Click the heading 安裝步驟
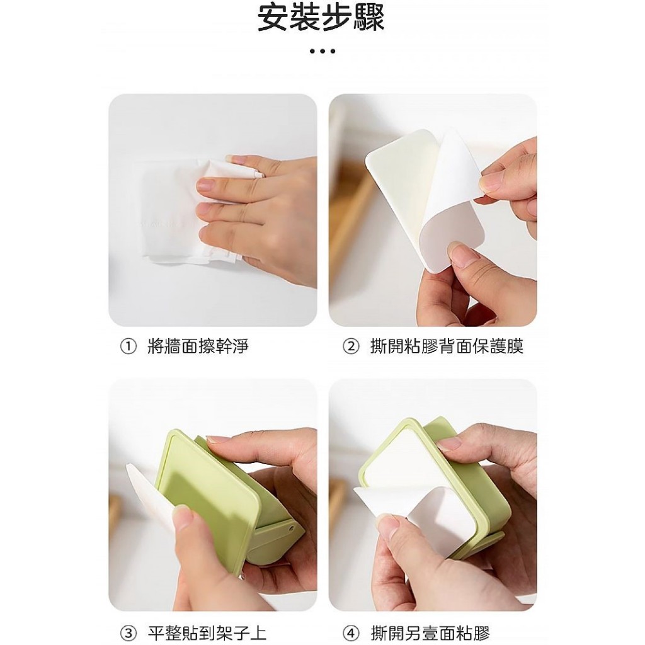pos(321,18)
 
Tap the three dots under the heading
pos(322,52)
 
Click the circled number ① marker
pos(128,347)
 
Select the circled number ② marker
pos(351,347)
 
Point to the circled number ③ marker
pos(128,633)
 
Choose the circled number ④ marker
pos(351,633)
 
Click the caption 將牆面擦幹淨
pos(198,347)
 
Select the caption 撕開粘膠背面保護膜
pos(447,347)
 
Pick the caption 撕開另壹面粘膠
pos(430,633)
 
